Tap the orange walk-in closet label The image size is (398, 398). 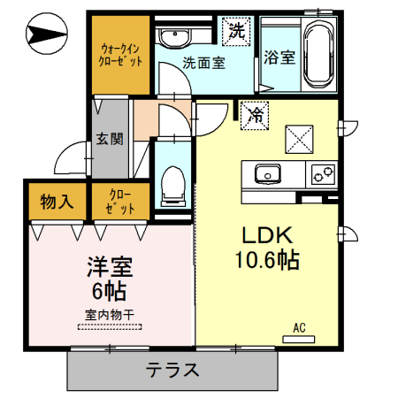121,55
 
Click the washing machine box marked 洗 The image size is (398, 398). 237,30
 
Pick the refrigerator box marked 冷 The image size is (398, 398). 255,114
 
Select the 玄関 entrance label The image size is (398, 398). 111,139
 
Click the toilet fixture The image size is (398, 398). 173,187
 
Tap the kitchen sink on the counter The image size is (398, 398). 266,172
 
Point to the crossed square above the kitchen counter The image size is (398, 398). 298,137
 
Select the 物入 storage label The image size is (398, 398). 57,202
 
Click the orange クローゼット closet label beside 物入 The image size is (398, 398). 120,202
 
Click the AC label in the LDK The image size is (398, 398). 299,328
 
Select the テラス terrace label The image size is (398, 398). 172,370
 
